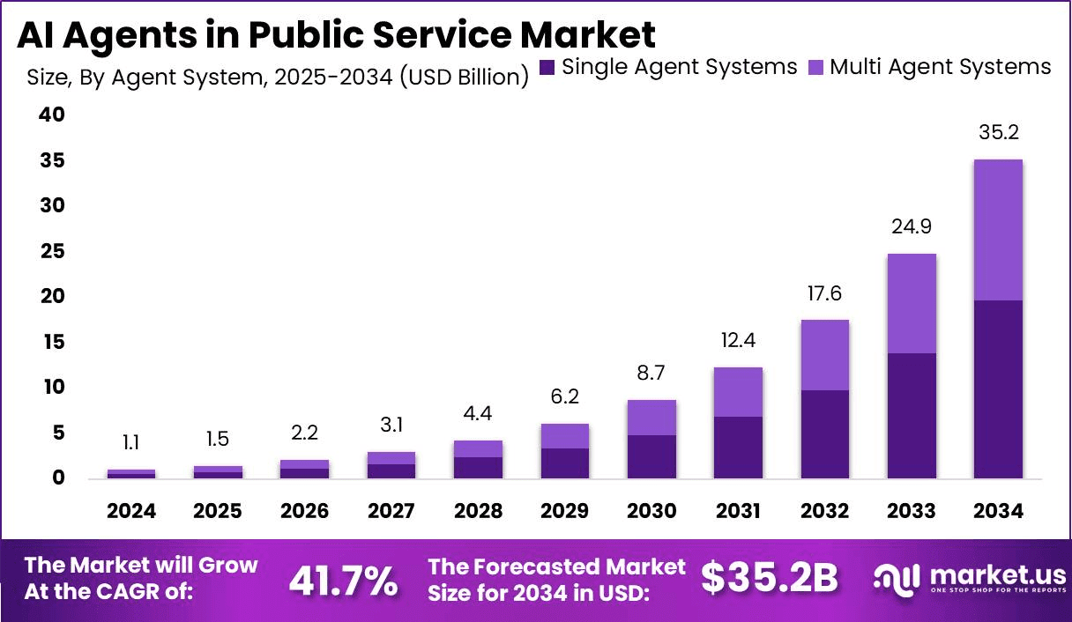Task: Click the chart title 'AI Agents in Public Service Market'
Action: coord(337,34)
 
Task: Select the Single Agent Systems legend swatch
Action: coord(547,68)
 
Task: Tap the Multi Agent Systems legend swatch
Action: coord(815,68)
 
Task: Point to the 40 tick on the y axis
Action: coord(51,115)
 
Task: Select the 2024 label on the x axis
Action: coord(131,512)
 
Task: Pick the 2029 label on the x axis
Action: coord(565,512)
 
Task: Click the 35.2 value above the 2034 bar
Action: coord(999,133)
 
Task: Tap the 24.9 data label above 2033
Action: coord(912,226)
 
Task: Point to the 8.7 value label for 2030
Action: coord(651,374)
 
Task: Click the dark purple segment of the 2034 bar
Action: coord(999,389)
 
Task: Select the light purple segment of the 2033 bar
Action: coord(912,303)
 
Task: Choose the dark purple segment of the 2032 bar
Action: coord(825,434)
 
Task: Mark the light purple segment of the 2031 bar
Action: coord(739,392)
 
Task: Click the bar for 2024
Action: coord(131,474)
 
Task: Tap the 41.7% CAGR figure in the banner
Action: coord(343,580)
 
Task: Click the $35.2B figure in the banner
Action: coord(769,578)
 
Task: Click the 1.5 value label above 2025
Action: coord(218,440)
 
